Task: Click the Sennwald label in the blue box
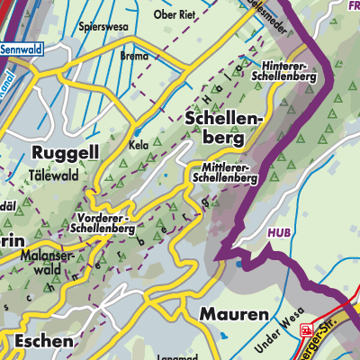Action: coord(23,49)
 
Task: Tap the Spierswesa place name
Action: coord(103,27)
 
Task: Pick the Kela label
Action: coord(139,144)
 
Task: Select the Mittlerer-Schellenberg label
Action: coord(224,172)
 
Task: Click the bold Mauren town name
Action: coord(232,314)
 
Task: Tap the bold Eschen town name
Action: coord(37,342)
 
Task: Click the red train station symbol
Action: coord(307,329)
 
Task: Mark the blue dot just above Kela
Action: coord(137,131)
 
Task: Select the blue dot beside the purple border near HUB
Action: coord(238,265)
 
